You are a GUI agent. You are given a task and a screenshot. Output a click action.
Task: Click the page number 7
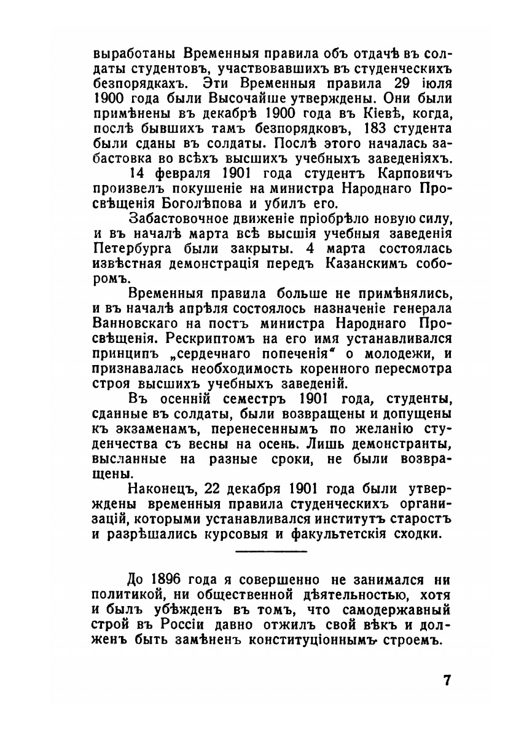(447, 681)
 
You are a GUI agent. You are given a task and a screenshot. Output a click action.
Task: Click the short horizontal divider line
(272, 551)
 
